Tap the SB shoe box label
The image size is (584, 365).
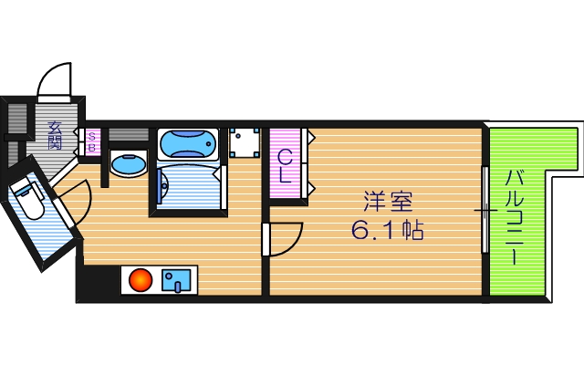[x=92, y=141]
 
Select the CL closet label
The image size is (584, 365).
[x=286, y=165]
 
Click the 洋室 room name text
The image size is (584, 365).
[x=382, y=199]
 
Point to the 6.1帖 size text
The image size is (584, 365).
[x=387, y=229]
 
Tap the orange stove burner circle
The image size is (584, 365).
[x=140, y=280]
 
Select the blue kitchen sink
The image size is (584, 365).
[x=176, y=280]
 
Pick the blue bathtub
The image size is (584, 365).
[x=188, y=143]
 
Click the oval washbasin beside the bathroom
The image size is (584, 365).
[x=128, y=164]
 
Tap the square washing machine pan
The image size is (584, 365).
[x=243, y=142]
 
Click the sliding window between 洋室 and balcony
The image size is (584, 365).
[x=485, y=209]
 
